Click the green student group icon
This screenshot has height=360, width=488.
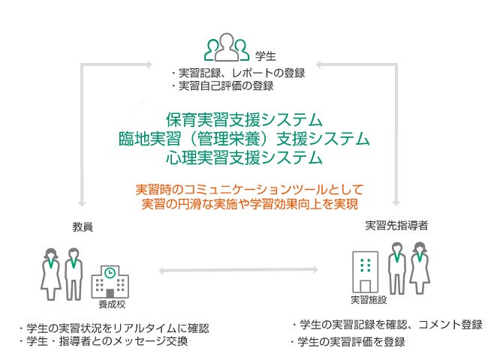pos(227,47)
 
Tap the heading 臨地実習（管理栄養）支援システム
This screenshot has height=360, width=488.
pos(244,139)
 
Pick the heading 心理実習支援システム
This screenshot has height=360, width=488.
pos(244,157)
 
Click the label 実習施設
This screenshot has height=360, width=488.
pos(368,299)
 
